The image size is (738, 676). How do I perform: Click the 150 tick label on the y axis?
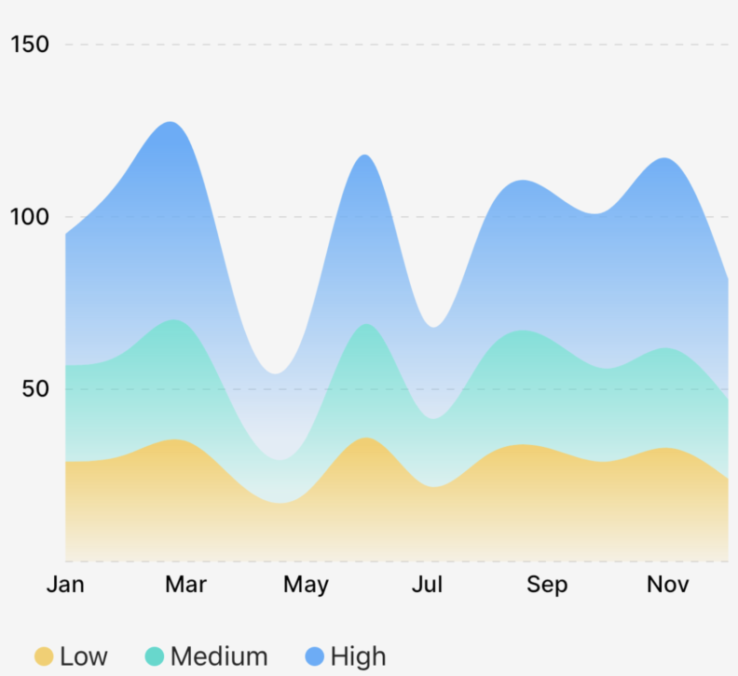point(31,45)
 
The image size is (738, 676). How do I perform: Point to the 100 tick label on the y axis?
point(31,217)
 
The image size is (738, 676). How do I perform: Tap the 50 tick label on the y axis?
point(36,389)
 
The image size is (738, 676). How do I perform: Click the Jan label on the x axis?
point(65,585)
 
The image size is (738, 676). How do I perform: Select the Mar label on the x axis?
point(185,585)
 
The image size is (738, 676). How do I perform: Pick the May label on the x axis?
point(306,585)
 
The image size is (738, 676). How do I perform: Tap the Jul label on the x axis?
point(427,585)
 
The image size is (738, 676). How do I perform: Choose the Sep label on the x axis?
point(547,585)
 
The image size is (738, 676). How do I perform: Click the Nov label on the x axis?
point(667,585)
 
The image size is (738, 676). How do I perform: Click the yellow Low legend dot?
point(44,656)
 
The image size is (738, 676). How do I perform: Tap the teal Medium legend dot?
point(155,656)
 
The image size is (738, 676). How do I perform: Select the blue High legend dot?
point(314,656)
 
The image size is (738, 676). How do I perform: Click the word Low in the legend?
point(84,656)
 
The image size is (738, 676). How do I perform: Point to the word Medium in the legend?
point(219,656)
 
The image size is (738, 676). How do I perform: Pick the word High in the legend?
point(358,656)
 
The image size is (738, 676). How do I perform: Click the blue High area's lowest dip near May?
point(275,373)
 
